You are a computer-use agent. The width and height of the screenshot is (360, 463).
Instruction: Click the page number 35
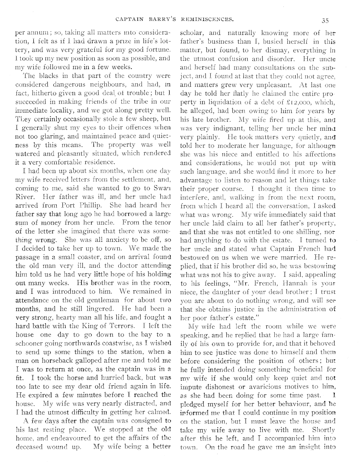(x=325, y=21)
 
